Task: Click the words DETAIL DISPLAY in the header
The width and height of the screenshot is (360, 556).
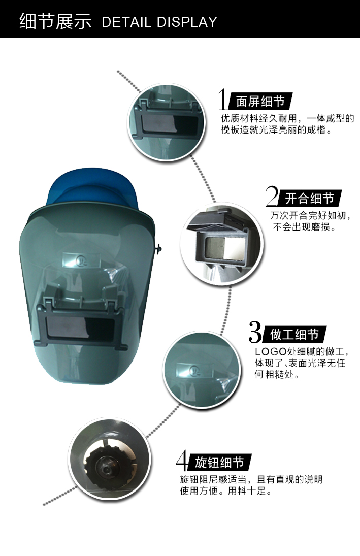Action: pyautogui.click(x=159, y=22)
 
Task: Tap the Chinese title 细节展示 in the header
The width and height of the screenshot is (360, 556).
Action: pyautogui.click(x=56, y=21)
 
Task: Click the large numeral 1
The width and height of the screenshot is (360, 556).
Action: pyautogui.click(x=223, y=100)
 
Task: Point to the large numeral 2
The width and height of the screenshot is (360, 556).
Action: pyautogui.click(x=272, y=195)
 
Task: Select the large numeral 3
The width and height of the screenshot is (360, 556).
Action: pyautogui.click(x=255, y=332)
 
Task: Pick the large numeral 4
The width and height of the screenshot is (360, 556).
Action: pyautogui.click(x=182, y=461)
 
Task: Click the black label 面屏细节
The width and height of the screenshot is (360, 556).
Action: pyautogui.click(x=260, y=102)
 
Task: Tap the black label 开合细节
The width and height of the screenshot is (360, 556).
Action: pyautogui.click(x=310, y=198)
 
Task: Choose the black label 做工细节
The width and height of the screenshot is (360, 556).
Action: pyautogui.click(x=294, y=335)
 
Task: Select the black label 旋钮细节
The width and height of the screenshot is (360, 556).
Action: pyautogui.click(x=219, y=463)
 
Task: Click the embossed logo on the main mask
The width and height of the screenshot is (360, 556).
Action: pyautogui.click(x=82, y=261)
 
